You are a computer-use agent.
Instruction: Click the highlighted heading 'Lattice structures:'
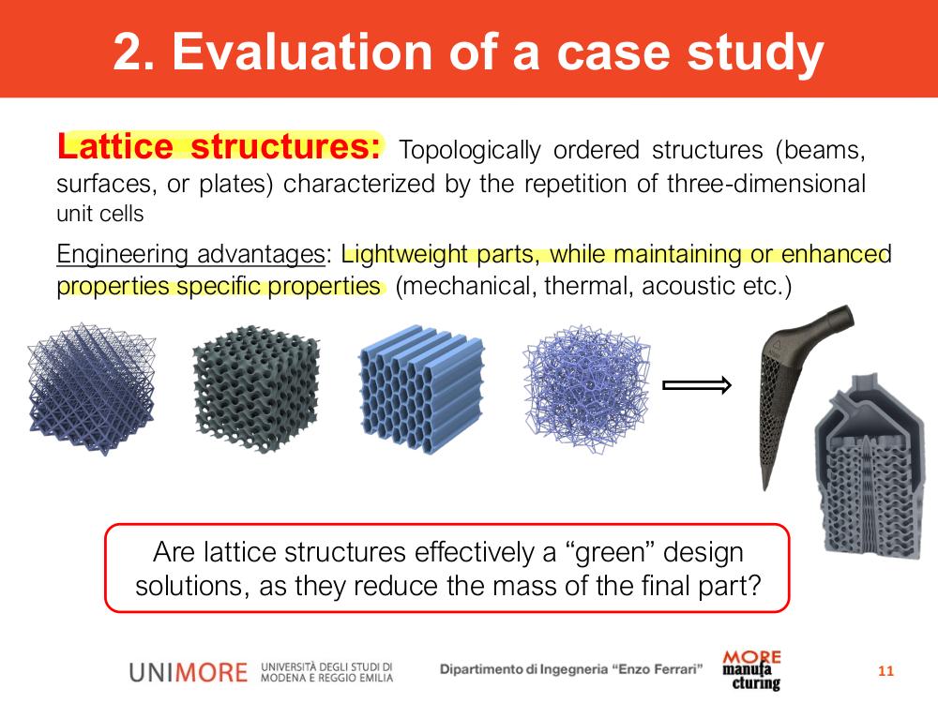click(x=219, y=146)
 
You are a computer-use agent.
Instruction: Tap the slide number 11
click(x=886, y=671)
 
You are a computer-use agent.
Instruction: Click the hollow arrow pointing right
click(x=697, y=385)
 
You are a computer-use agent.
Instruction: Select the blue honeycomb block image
click(x=422, y=389)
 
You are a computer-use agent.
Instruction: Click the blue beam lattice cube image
click(x=92, y=389)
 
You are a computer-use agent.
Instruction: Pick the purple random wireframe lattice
click(x=586, y=389)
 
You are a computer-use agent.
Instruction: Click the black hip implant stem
click(x=795, y=395)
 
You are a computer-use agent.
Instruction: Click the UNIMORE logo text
click(x=188, y=672)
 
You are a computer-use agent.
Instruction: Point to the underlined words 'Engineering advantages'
click(x=190, y=254)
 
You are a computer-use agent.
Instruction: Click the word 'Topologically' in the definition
click(x=470, y=150)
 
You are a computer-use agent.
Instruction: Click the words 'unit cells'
click(x=100, y=214)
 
